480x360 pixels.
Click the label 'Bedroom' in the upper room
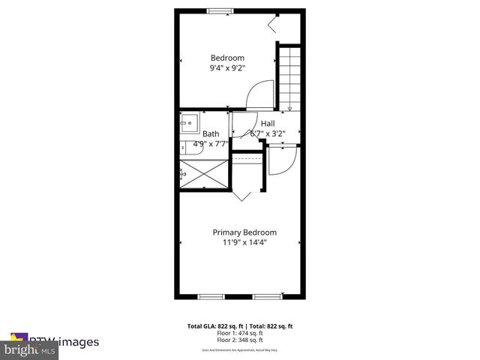[x=226, y=58]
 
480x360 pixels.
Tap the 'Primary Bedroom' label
[x=244, y=232]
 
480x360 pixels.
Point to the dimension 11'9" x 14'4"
[x=244, y=242]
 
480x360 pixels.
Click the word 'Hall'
[x=268, y=124]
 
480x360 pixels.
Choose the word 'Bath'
[x=211, y=135]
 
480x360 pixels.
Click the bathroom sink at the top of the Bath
[x=187, y=121]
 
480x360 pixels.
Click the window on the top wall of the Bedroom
[x=219, y=10]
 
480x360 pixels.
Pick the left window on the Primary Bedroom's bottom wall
[x=211, y=297]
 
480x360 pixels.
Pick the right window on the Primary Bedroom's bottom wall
[x=265, y=297]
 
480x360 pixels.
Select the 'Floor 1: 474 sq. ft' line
[x=240, y=333]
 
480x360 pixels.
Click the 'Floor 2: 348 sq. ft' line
[x=240, y=340]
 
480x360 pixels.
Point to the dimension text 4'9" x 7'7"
[x=211, y=144]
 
